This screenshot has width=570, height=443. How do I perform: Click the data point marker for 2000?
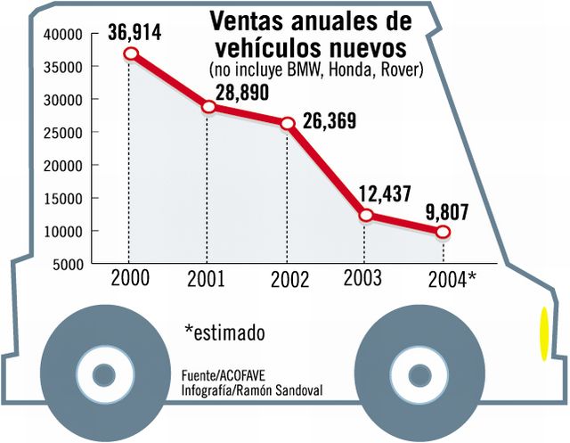pos(131,53)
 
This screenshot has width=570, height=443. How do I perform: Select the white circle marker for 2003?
pos(365,215)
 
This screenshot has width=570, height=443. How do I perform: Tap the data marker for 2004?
pos(443,232)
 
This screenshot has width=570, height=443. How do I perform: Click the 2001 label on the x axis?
pos(207,279)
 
